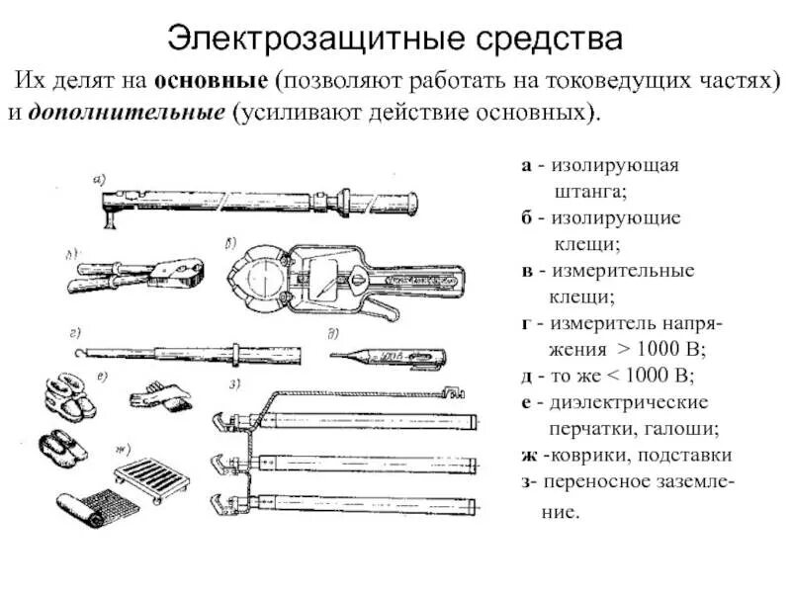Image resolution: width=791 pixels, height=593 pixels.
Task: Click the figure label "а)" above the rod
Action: pyautogui.click(x=99, y=179)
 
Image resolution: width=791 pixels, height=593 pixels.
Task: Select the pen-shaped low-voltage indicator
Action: pyautogui.click(x=386, y=354)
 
